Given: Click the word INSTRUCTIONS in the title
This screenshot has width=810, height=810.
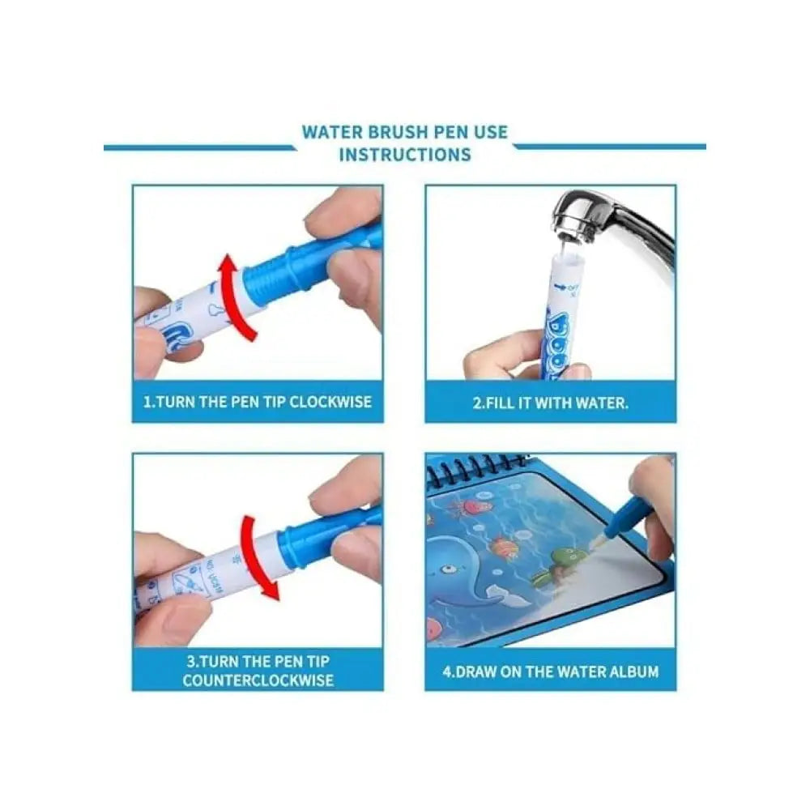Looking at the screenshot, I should [x=404, y=154].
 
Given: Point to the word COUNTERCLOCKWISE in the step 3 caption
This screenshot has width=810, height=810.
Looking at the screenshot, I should [x=258, y=680].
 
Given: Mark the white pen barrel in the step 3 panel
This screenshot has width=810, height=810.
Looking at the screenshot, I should [x=219, y=571].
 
